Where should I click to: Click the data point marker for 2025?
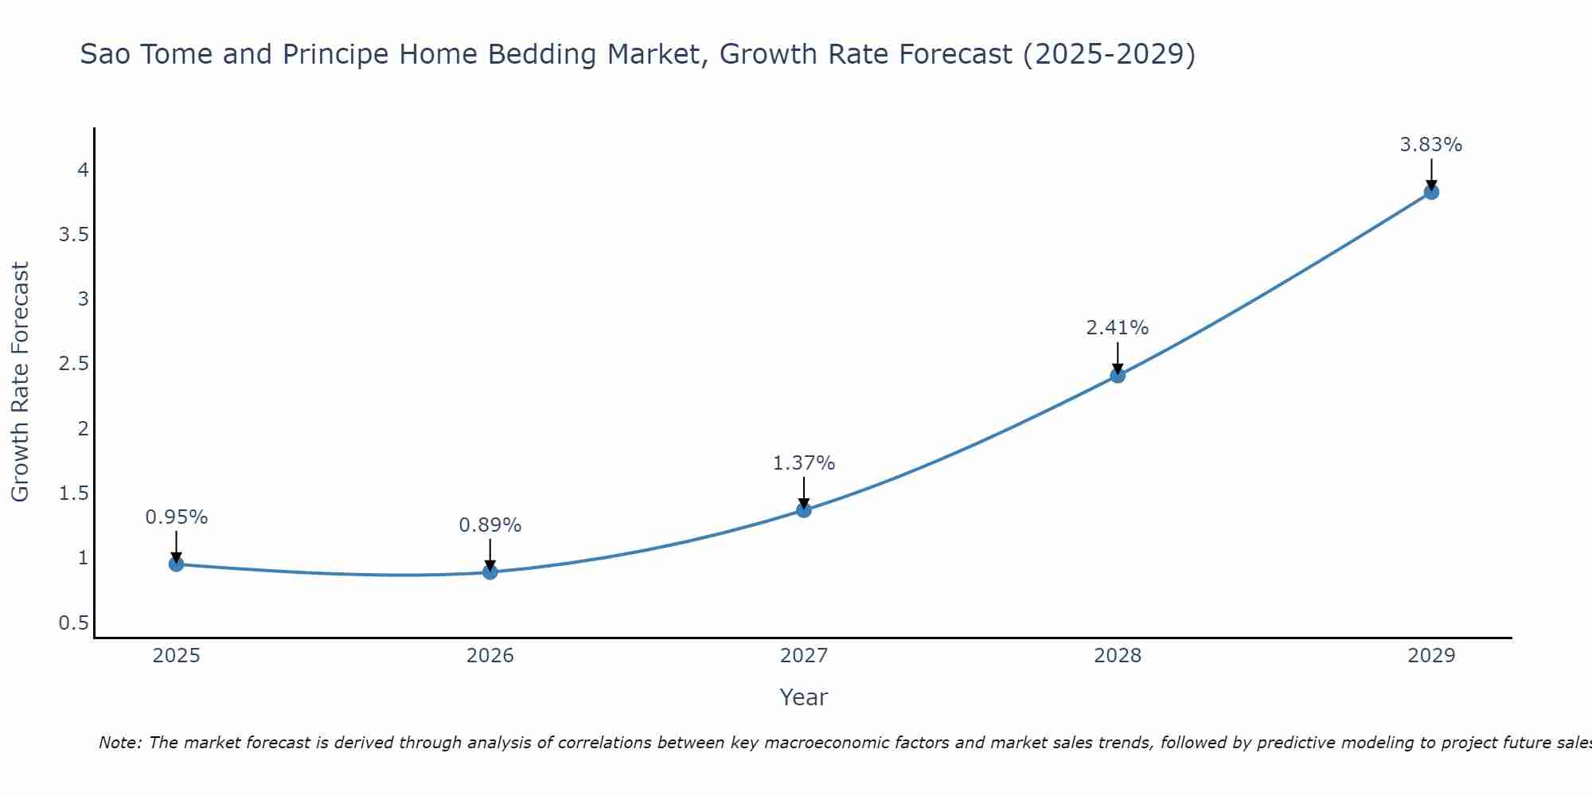[x=176, y=564]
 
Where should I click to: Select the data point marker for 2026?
[x=490, y=572]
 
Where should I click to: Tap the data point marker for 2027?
[x=804, y=510]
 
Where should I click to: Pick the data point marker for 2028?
[x=1118, y=376]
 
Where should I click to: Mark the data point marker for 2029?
[x=1431, y=192]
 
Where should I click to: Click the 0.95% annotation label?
[x=176, y=517]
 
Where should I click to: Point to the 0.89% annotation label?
[x=490, y=525]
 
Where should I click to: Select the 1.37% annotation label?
[x=804, y=463]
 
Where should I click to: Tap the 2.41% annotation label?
[x=1118, y=328]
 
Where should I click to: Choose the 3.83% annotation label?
[x=1431, y=145]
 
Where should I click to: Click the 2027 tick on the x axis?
[x=804, y=656]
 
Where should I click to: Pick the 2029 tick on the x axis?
[x=1431, y=656]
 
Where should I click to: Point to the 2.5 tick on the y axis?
[x=73, y=364]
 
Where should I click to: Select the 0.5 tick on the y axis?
[x=73, y=622]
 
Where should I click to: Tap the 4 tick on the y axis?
[x=82, y=170]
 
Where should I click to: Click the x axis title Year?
[x=804, y=697]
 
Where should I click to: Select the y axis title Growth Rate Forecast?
[x=20, y=382]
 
